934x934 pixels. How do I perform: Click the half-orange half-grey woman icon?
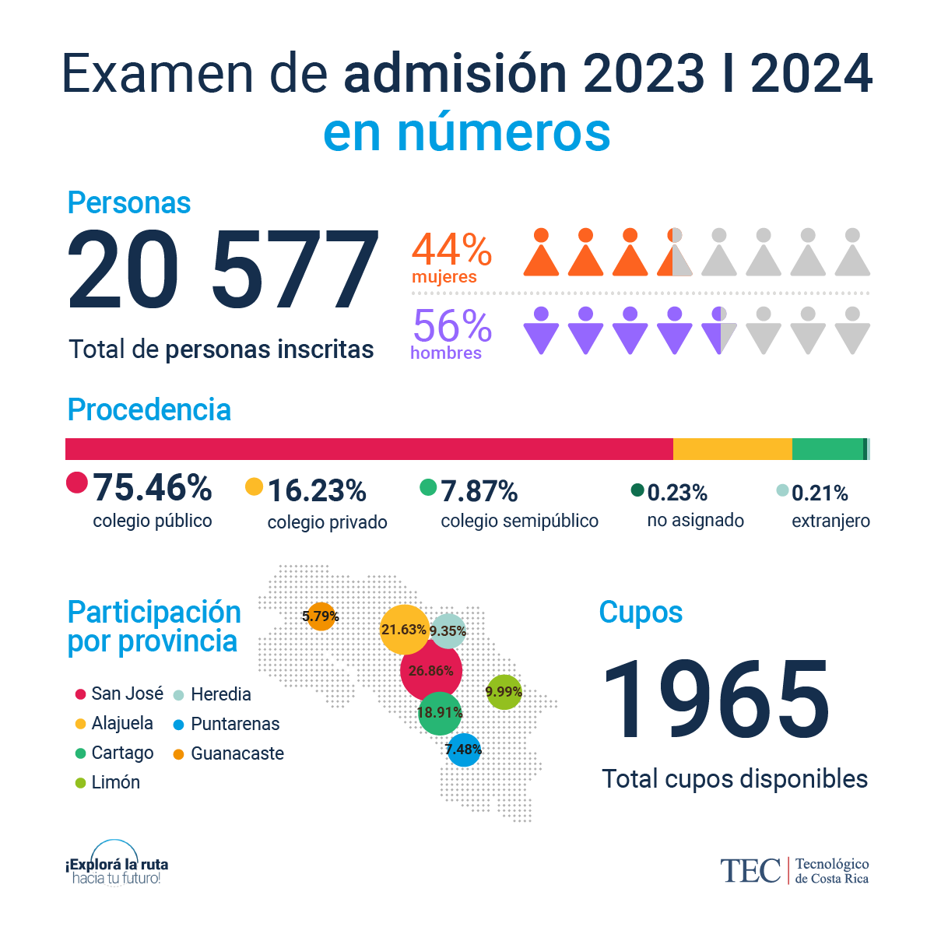(675, 253)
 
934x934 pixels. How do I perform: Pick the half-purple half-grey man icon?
(719, 330)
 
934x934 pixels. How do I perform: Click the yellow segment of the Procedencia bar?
(732, 449)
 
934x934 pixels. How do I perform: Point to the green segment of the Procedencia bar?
(827, 449)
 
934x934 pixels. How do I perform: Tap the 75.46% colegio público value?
(153, 489)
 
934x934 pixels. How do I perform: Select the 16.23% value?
(317, 491)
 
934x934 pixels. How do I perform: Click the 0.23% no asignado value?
(677, 493)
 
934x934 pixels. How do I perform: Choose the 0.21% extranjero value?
(820, 493)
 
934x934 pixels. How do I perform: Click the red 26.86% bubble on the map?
(431, 670)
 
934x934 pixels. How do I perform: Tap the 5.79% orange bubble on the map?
(321, 616)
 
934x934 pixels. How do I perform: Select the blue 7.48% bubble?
(464, 750)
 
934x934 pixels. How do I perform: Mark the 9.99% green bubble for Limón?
(504, 692)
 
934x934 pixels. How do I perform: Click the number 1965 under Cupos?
(716, 700)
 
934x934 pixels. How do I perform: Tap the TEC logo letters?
(750, 871)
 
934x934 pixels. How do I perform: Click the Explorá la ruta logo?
(117, 866)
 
